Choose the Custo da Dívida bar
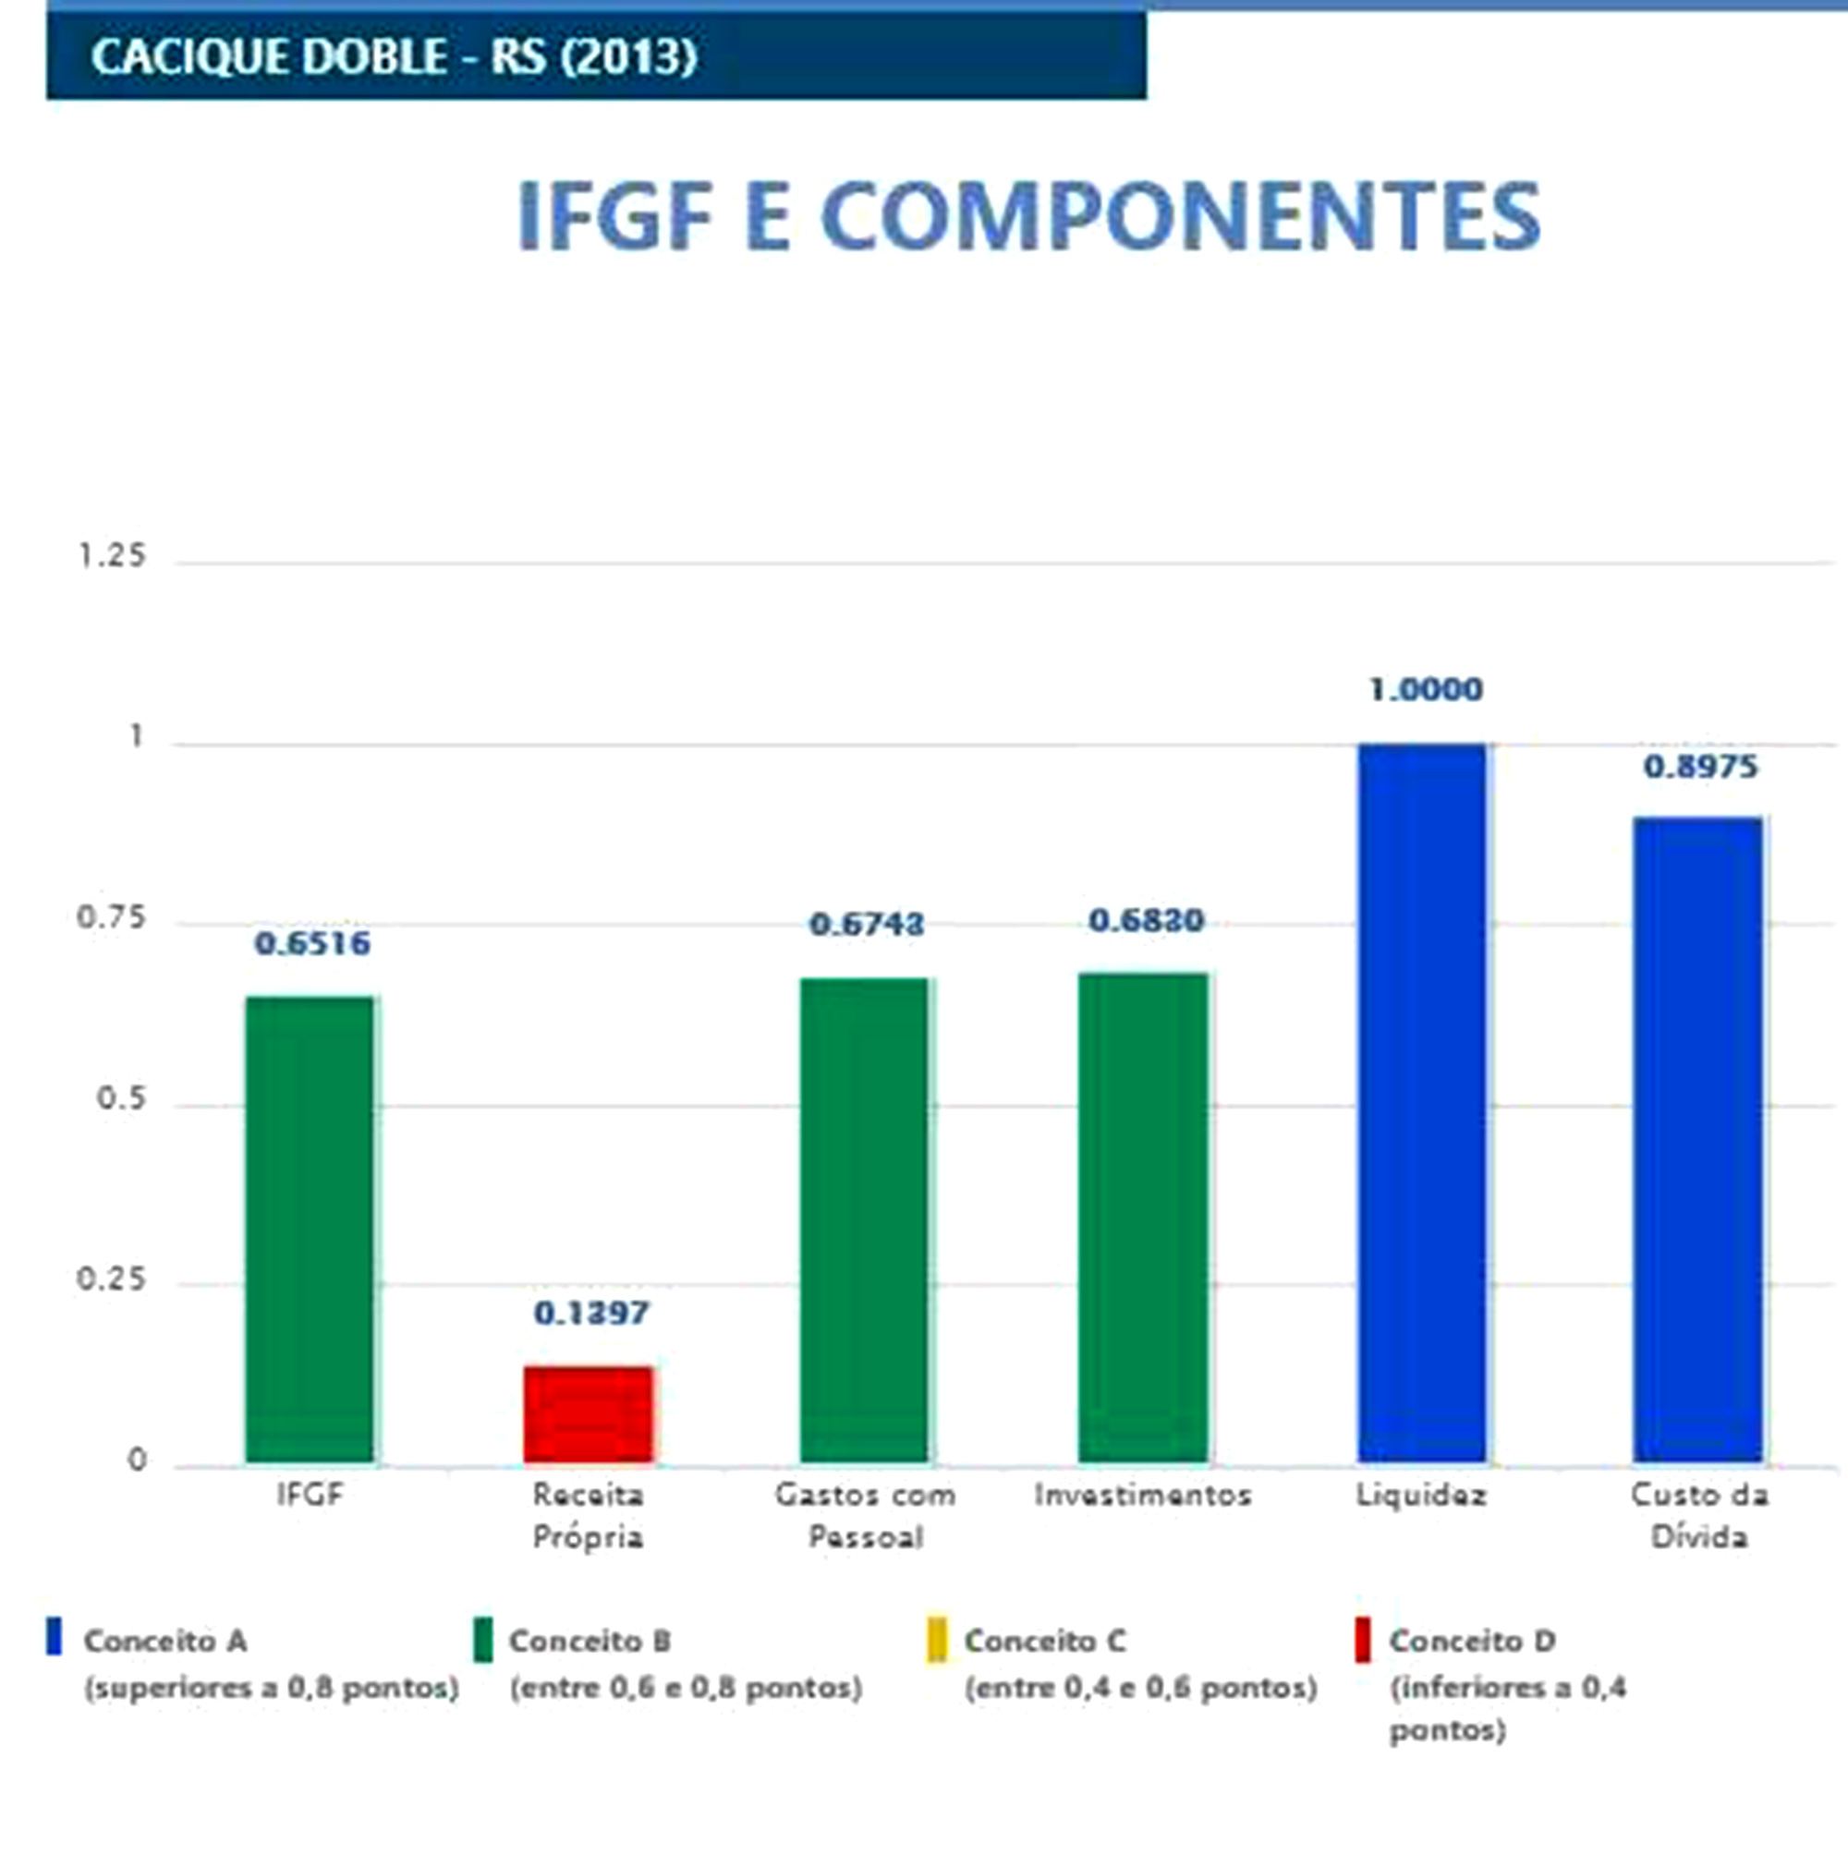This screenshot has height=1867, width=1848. [x=1698, y=1141]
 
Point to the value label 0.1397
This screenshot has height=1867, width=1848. [x=590, y=1313]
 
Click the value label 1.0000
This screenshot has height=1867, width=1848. [x=1426, y=689]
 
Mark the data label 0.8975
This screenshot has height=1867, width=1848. [x=1700, y=767]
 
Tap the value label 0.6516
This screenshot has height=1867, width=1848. [x=311, y=943]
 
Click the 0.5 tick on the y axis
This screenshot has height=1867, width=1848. [x=121, y=1098]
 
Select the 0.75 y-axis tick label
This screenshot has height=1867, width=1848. [x=111, y=917]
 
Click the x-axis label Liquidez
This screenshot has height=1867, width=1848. [x=1421, y=1495]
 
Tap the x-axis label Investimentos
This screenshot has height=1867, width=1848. [x=1142, y=1495]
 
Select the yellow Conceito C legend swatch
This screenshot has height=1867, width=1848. [x=936, y=1639]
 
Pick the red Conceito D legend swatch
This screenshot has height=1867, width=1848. [x=1362, y=1639]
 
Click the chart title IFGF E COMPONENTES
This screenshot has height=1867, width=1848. [x=1028, y=215]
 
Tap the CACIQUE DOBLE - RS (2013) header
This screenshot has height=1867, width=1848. [x=395, y=56]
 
